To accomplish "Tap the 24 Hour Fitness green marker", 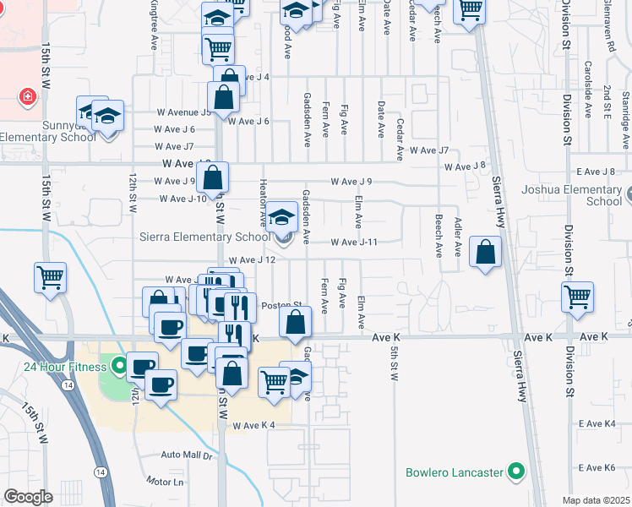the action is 119,366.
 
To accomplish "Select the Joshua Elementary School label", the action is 583,195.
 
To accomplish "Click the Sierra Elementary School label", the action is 205,237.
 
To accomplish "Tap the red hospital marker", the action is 29,96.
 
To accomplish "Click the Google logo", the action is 28,497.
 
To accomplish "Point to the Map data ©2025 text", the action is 596,500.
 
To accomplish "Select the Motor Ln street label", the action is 165,482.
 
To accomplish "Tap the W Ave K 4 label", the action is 254,425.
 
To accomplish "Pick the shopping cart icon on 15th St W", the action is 50,275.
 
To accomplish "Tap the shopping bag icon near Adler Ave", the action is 486,251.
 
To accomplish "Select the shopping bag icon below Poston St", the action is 295,322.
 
